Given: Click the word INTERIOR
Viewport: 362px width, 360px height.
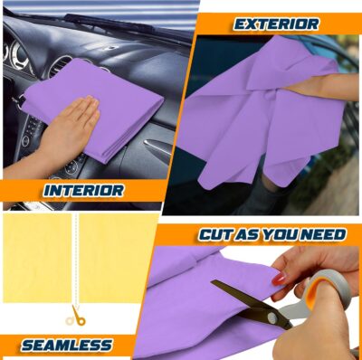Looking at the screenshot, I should [82, 191].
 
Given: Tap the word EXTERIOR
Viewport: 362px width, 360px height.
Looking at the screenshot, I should [275, 24].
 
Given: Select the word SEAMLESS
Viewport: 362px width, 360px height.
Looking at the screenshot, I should [66, 345].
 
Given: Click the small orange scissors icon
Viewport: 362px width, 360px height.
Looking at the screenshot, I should [77, 316].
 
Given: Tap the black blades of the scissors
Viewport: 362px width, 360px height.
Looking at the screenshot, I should [244, 302].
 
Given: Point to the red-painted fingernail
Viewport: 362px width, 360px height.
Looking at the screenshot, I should [280, 280].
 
